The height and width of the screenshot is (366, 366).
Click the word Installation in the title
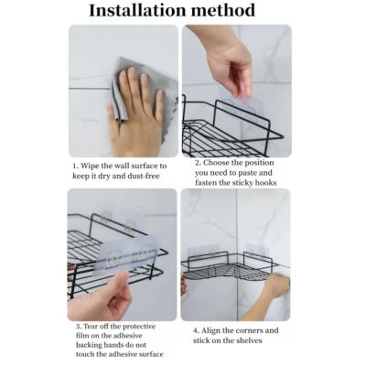click(x=137, y=10)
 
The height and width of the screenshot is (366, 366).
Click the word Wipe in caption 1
click(x=90, y=166)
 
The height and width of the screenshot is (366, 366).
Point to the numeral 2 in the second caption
click(x=198, y=163)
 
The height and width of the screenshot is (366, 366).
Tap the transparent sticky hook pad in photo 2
click(x=241, y=105)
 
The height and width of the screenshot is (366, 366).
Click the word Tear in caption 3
click(x=91, y=327)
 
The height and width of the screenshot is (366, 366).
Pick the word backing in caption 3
click(x=87, y=345)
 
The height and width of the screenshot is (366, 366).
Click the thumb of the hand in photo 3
click(x=117, y=281)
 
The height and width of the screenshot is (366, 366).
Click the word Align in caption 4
click(x=210, y=331)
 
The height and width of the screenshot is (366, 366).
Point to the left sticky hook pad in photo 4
click(x=203, y=253)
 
